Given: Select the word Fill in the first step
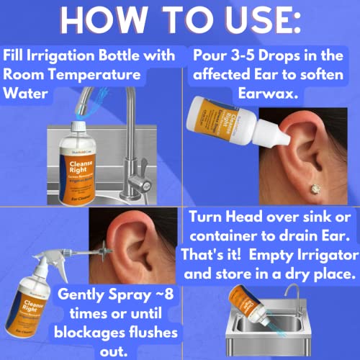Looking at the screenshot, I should click(17, 57).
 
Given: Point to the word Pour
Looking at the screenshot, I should click(213, 57).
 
